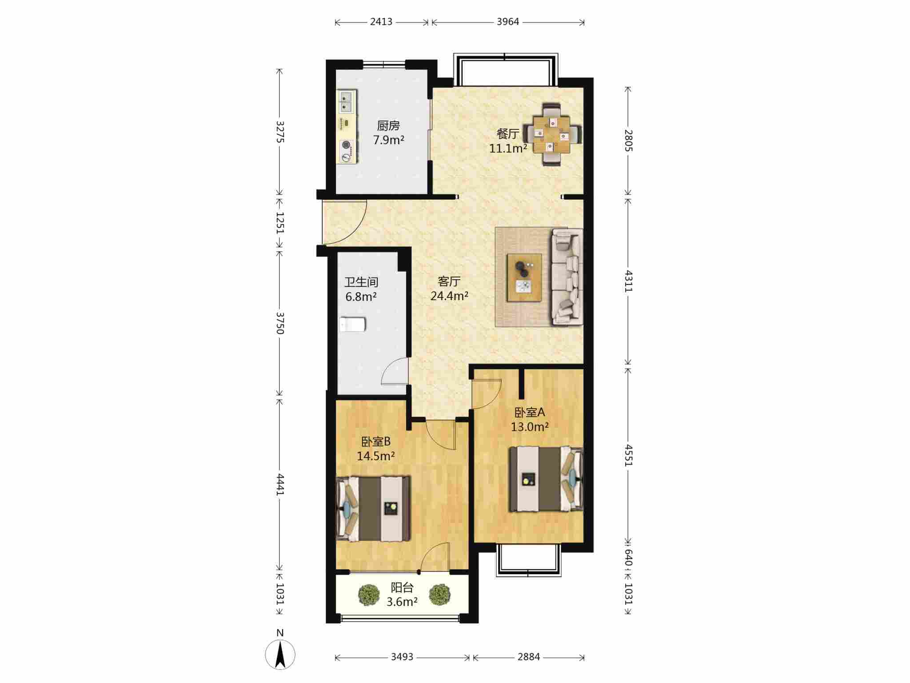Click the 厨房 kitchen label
tap(388, 126)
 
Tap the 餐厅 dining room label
tap(508, 134)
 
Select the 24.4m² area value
tap(449, 296)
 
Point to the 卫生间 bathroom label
tap(361, 282)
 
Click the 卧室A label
tap(530, 412)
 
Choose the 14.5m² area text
tap(376, 456)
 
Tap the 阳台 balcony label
tap(402, 587)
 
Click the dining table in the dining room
tap(552, 134)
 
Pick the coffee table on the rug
tap(525, 278)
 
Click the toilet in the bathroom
tap(353, 324)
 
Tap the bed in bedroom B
tap(373, 509)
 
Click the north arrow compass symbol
tap(280, 654)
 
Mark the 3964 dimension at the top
tap(508, 22)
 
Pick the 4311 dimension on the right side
tap(628, 281)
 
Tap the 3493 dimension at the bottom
tap(402, 657)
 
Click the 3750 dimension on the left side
tap(280, 323)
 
